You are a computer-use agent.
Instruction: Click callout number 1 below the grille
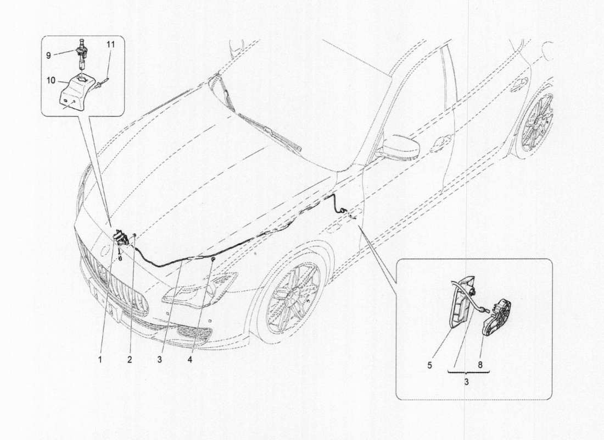pyautogui.click(x=101, y=360)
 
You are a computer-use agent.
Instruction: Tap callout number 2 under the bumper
pyautogui.click(x=130, y=360)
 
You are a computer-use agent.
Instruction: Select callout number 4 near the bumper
pyautogui.click(x=189, y=360)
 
